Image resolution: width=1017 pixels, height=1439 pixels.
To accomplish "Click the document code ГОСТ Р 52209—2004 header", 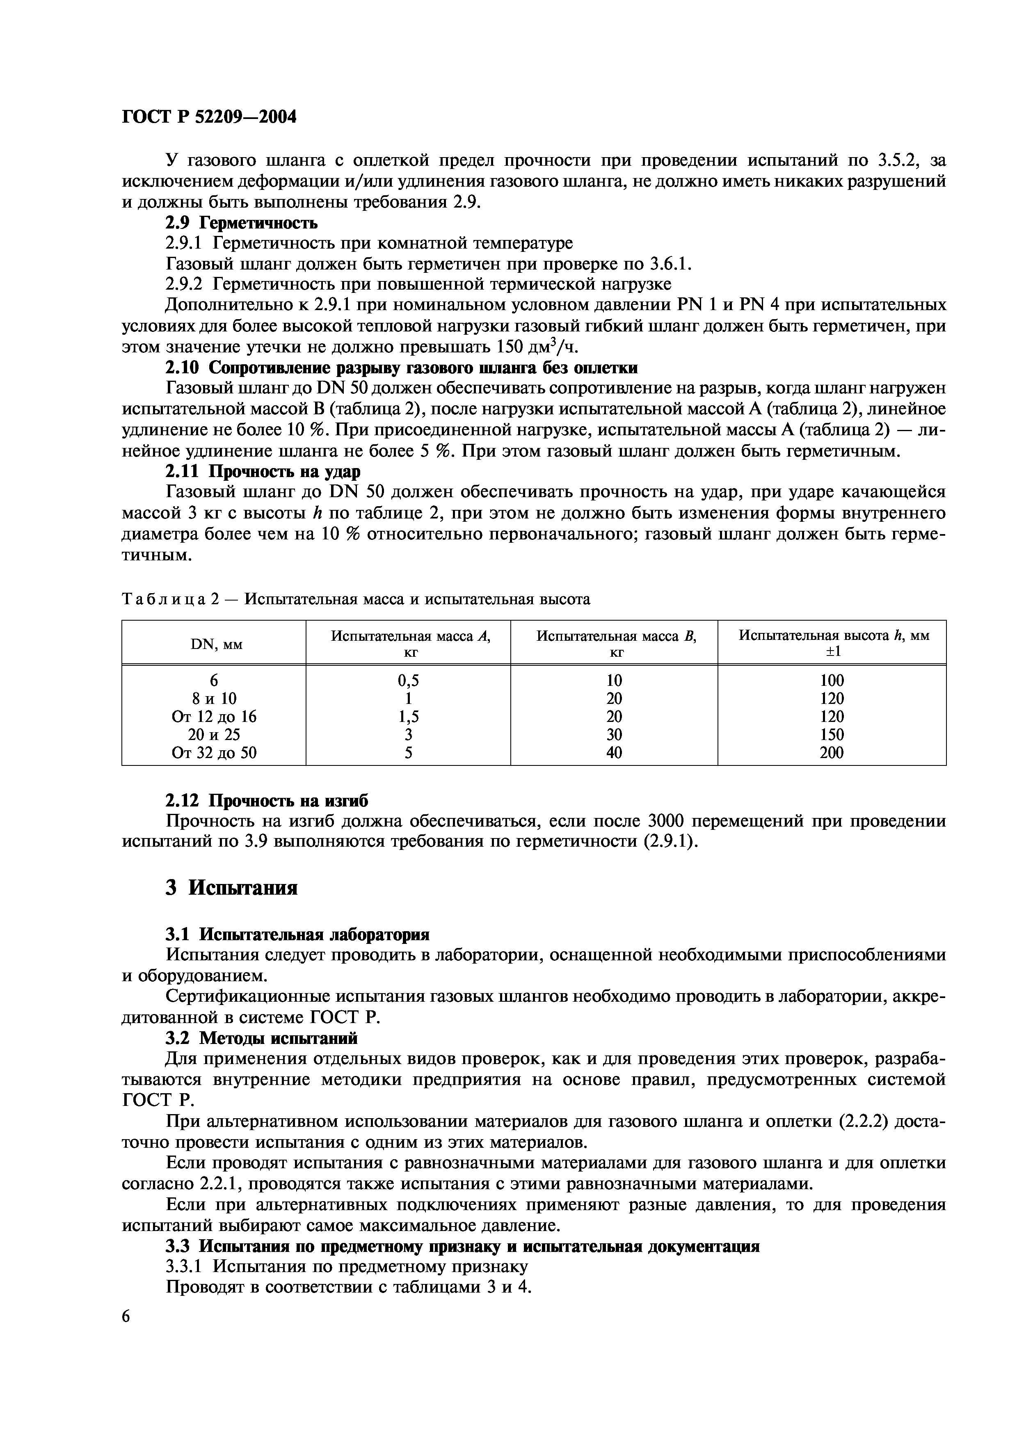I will pyautogui.click(x=209, y=116).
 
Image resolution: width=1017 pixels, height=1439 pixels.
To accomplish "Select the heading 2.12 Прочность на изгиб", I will pyautogui.click(x=266, y=800).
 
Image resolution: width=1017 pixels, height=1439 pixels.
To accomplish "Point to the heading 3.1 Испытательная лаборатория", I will pyautogui.click(x=297, y=934).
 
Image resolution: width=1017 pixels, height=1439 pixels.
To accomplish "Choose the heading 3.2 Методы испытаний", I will pyautogui.click(x=261, y=1039).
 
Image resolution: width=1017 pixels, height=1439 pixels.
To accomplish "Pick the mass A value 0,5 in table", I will pyautogui.click(x=409, y=681).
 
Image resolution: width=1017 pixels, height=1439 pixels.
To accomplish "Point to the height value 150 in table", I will pyautogui.click(x=832, y=735).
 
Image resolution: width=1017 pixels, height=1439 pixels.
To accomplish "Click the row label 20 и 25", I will pyautogui.click(x=214, y=735).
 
